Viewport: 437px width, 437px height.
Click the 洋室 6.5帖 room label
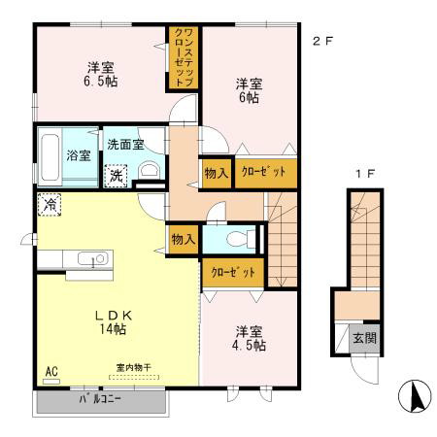pos(101,74)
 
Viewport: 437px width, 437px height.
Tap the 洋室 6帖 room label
pos(249,90)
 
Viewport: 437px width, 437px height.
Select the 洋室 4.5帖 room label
pos(249,339)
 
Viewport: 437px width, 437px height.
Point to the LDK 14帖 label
pos(113,322)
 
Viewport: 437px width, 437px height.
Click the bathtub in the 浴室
pos(50,157)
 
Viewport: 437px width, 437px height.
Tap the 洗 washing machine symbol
pos(116,176)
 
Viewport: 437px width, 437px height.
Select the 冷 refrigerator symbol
pos(50,205)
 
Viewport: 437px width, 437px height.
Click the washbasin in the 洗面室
pos(150,170)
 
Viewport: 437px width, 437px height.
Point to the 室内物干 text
pos(134,368)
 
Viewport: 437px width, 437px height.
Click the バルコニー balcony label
pos(100,399)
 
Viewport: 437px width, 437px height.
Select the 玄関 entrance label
pos(365,338)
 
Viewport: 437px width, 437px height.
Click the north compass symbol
pos(415,396)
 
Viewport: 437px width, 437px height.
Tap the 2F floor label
pos(322,42)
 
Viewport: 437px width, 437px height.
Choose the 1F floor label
pos(365,174)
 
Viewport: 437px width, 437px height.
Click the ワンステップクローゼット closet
pos(184,58)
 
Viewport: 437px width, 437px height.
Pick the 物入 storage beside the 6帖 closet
pos(217,173)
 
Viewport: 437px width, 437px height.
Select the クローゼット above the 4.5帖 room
pos(233,273)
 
